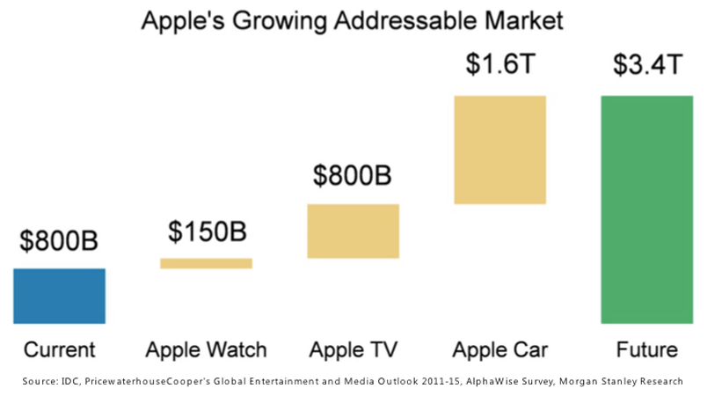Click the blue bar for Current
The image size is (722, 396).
[59, 296]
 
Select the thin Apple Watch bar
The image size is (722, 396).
[206, 263]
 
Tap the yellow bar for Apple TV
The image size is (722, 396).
[354, 231]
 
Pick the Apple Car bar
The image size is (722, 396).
[500, 150]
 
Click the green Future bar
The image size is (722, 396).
[646, 209]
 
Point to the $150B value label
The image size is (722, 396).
[208, 231]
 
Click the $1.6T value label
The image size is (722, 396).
[500, 64]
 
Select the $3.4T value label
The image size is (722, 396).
[646, 64]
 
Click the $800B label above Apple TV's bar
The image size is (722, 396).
[353, 175]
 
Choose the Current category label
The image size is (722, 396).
[59, 350]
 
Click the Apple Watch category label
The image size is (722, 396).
[206, 350]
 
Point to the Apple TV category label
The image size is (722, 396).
[353, 350]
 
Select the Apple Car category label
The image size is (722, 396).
[500, 350]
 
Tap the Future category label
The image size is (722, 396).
[646, 350]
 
